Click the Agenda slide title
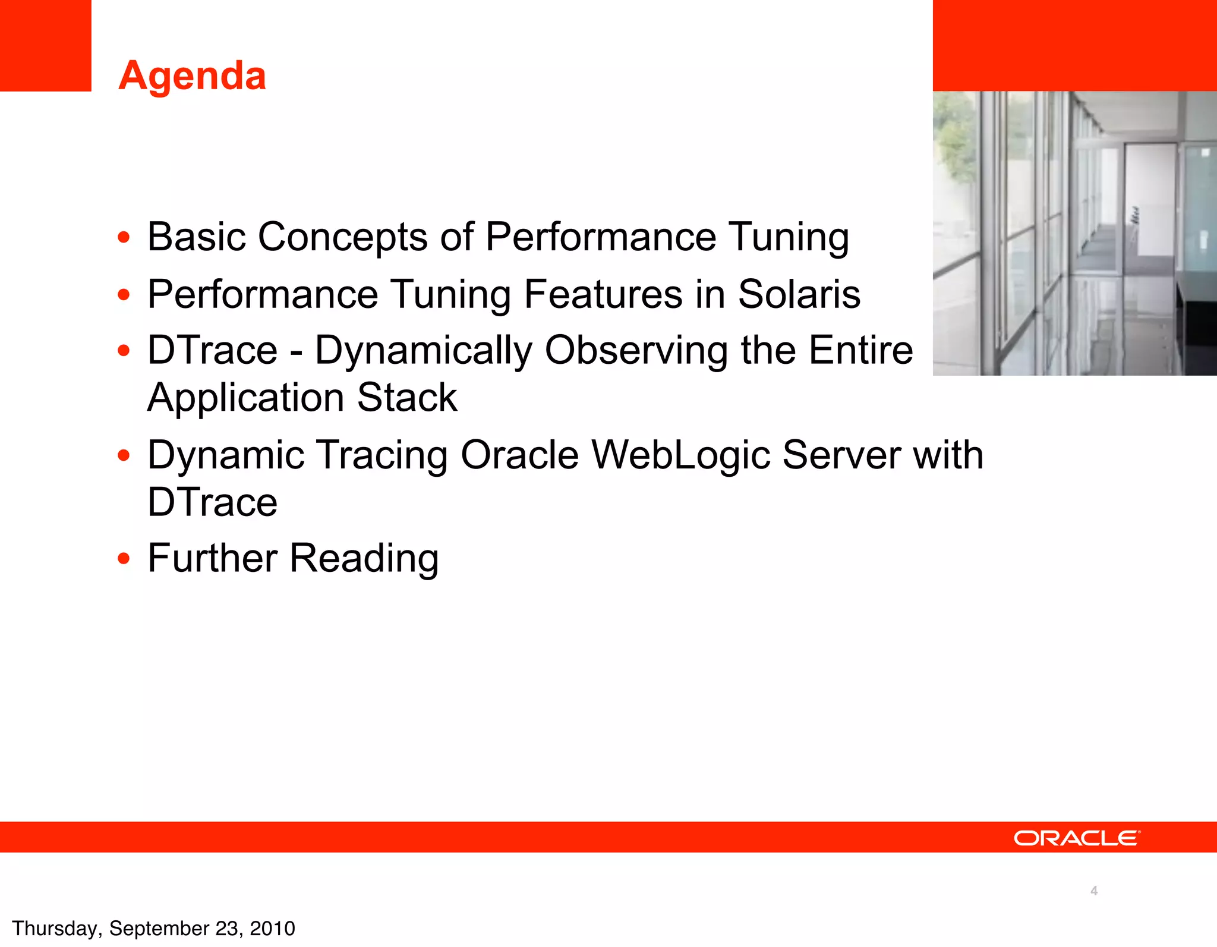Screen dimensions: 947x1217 (192, 76)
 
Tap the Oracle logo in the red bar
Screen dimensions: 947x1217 (1077, 838)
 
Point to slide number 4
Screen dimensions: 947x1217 (1093, 891)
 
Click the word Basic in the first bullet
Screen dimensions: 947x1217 (196, 237)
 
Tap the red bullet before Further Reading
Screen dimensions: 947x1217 (124, 559)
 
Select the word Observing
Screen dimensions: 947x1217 (636, 351)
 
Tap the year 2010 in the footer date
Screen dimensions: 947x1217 (272, 929)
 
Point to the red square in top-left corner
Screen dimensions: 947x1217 (45, 45)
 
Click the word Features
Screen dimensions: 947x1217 (603, 294)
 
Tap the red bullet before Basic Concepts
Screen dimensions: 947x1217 (124, 238)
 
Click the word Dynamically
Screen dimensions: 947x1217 (423, 351)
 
